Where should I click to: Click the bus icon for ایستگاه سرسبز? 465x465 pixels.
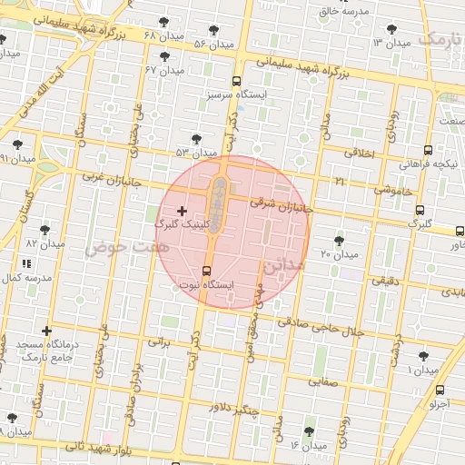237,81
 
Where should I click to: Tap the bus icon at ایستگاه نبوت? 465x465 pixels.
206,271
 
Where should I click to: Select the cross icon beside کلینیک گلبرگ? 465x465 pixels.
182,211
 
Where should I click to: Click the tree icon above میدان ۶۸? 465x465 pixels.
163,22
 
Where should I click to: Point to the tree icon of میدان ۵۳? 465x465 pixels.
196,138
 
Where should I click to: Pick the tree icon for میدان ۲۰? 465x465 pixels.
339,241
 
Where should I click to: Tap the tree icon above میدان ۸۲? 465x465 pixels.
45,230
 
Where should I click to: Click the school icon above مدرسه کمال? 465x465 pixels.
25,263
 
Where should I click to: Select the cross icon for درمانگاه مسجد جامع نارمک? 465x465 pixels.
46,331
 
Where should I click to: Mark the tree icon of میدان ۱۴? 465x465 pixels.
309,431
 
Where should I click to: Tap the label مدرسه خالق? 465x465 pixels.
342,11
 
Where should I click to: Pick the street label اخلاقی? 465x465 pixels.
361,153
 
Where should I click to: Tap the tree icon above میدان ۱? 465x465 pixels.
422,356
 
